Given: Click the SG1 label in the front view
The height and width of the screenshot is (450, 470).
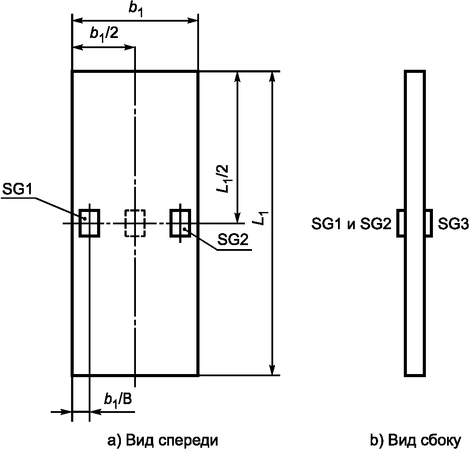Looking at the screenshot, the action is click(x=17, y=189).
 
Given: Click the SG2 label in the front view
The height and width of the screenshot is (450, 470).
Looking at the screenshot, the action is click(x=233, y=240).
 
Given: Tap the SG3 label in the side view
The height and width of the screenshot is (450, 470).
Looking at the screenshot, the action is click(x=453, y=224).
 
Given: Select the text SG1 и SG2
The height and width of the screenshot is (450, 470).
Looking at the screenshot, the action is click(x=351, y=224).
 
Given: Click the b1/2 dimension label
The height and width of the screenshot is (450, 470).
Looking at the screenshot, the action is click(x=104, y=34).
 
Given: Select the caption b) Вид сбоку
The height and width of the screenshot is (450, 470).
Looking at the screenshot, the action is click(x=415, y=441).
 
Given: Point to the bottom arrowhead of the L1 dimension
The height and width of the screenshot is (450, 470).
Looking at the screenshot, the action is click(x=272, y=370).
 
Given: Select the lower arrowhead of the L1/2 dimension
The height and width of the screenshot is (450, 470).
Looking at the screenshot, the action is click(x=237, y=218).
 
